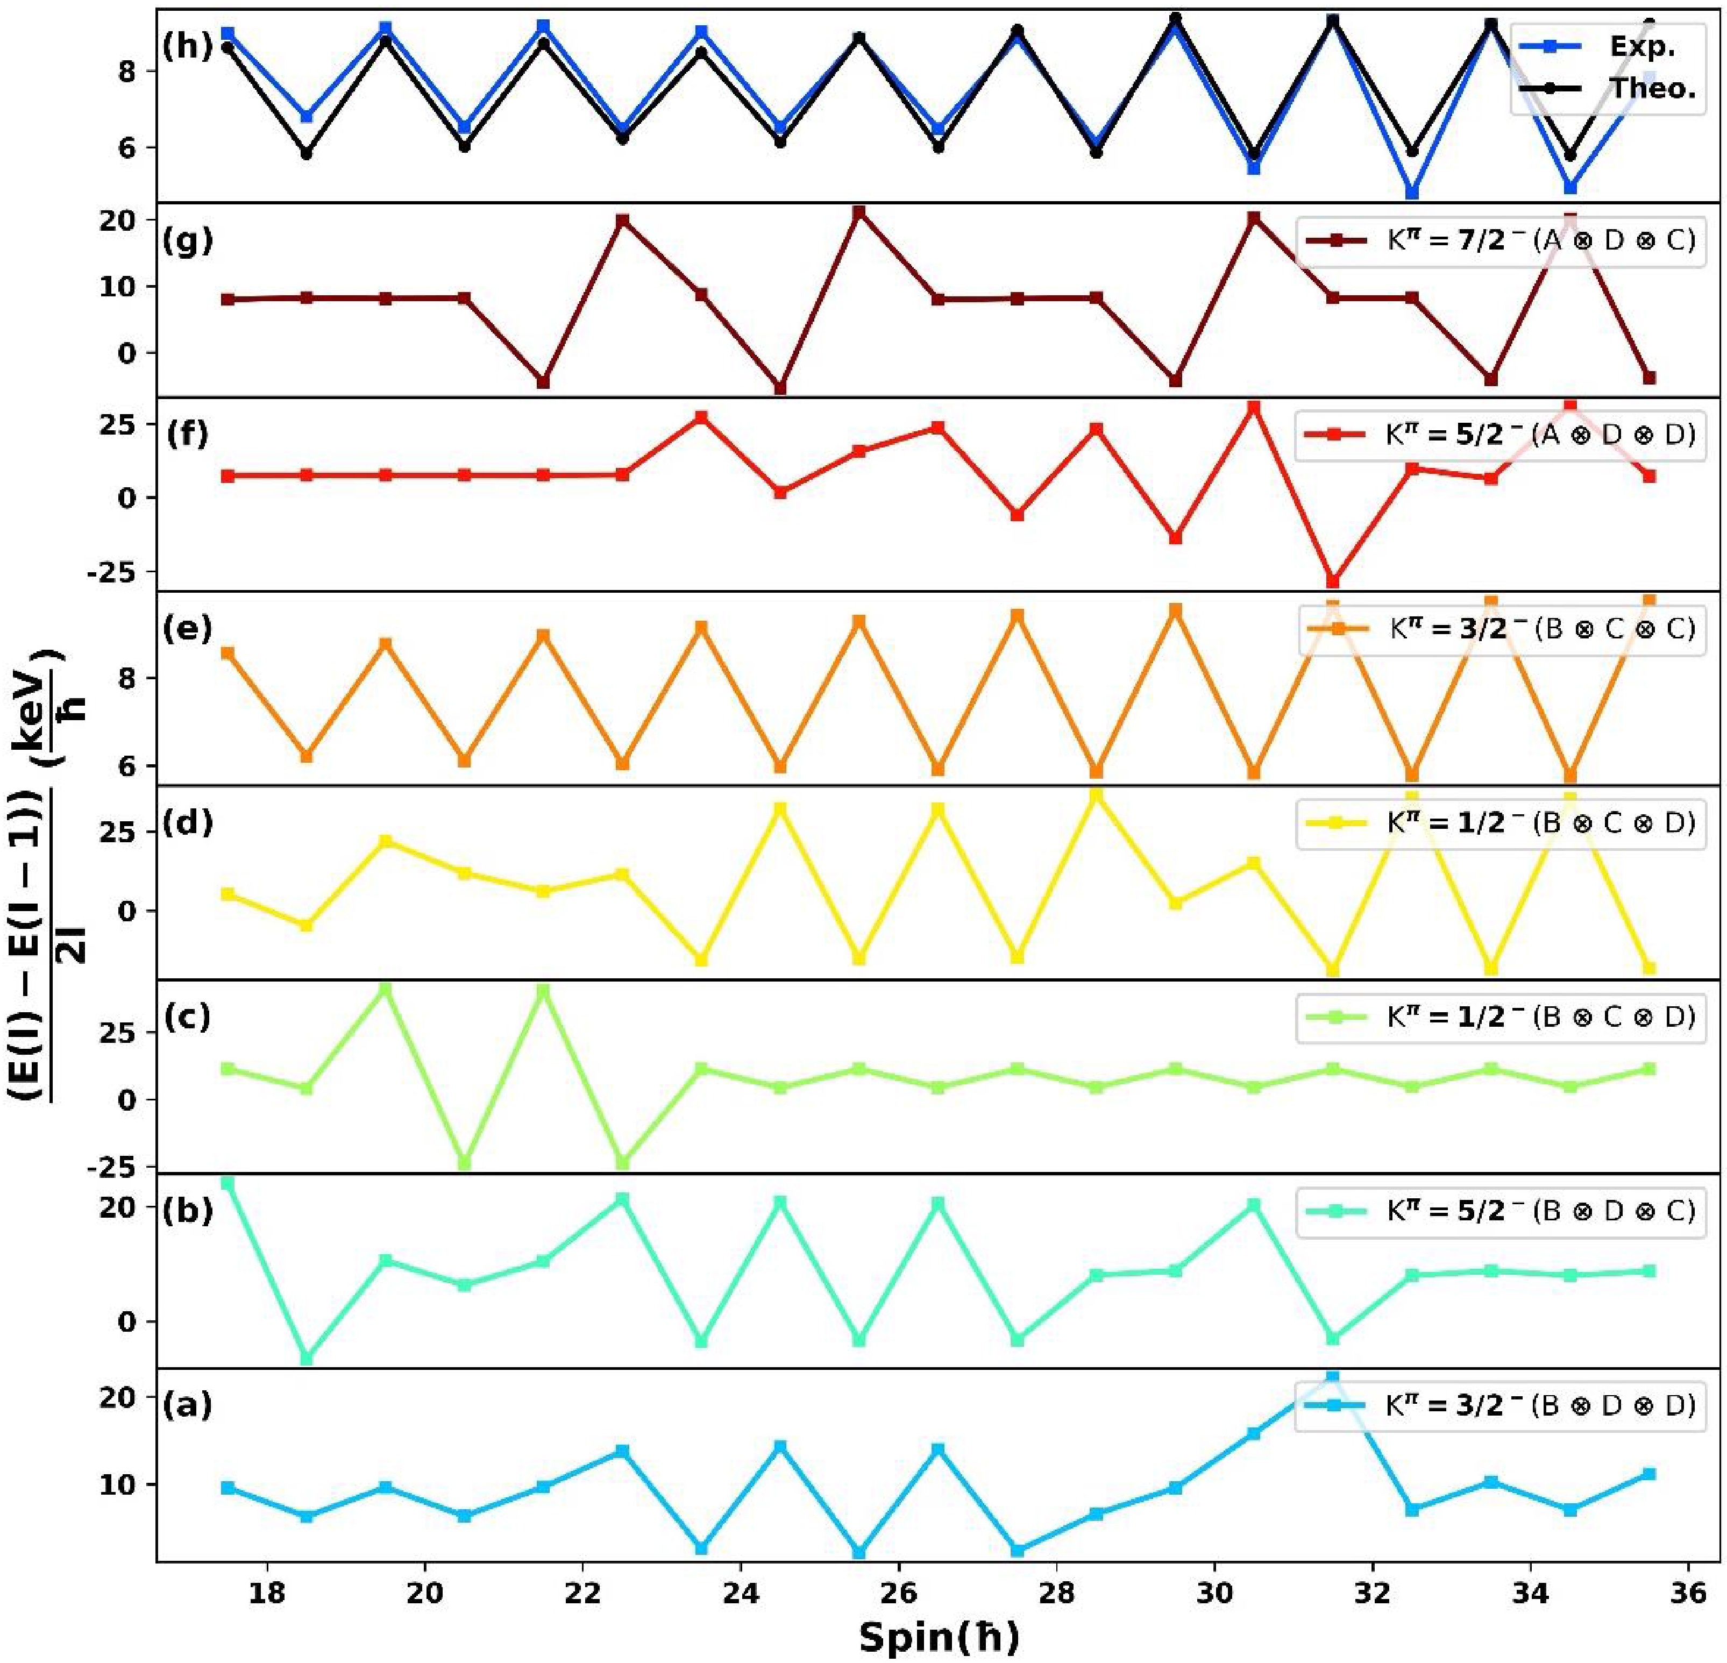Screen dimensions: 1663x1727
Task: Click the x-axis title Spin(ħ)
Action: click(939, 1637)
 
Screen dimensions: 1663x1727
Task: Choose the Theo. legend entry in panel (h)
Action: click(1604, 89)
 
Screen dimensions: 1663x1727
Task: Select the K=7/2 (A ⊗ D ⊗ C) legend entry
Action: click(1498, 240)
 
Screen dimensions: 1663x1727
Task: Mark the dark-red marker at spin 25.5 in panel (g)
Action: click(859, 212)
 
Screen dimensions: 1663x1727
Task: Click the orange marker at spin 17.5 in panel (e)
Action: click(228, 653)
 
